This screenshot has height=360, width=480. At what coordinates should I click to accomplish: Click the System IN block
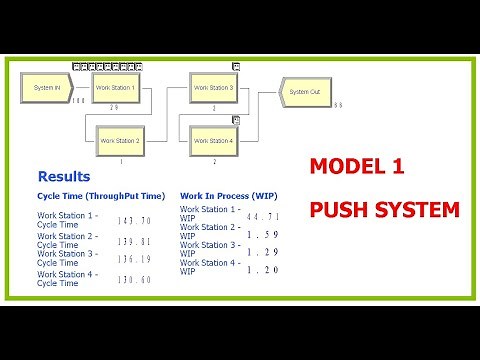[47, 88]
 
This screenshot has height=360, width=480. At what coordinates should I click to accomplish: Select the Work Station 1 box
[115, 88]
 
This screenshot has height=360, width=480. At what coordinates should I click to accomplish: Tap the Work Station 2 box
[119, 141]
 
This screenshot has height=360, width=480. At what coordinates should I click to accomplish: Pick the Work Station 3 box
[214, 88]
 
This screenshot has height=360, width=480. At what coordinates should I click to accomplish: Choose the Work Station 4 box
[214, 141]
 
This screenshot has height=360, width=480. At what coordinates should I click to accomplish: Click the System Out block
[305, 92]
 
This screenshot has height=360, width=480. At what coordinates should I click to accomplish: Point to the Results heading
[63, 176]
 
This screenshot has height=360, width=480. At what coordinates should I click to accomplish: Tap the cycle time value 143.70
[134, 221]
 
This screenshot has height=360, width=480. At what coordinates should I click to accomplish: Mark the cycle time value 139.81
[134, 242]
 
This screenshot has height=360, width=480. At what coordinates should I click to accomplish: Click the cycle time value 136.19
[134, 260]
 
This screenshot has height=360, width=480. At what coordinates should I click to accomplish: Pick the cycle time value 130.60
[134, 279]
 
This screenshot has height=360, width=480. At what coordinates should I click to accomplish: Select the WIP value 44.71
[263, 216]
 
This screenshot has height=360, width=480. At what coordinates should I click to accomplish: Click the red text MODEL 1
[348, 168]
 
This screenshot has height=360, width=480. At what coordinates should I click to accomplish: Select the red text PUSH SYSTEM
[384, 211]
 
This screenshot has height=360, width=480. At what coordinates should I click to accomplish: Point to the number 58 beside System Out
[338, 105]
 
